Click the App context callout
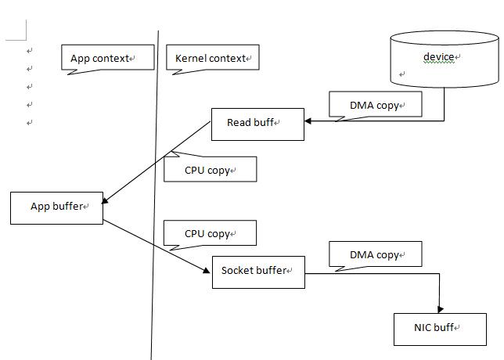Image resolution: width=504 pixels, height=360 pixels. point(107,58)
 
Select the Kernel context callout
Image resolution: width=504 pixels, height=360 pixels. point(212,58)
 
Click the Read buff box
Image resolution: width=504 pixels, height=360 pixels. point(257,124)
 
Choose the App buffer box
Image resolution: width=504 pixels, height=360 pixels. point(56,207)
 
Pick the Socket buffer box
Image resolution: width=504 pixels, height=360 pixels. point(257,272)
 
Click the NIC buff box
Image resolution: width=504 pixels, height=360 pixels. point(440,329)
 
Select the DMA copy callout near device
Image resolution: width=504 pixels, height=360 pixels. point(376,103)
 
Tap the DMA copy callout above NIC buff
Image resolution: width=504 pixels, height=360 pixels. point(376,254)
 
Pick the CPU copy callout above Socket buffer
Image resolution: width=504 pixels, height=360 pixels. point(210,233)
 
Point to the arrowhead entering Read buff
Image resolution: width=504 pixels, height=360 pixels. point(308,121)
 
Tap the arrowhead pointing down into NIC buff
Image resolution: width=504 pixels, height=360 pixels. point(440,309)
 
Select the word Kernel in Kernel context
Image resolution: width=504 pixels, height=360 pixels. point(191,58)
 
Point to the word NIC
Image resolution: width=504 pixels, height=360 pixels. point(423,328)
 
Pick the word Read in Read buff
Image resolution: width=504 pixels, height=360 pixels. point(239,123)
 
